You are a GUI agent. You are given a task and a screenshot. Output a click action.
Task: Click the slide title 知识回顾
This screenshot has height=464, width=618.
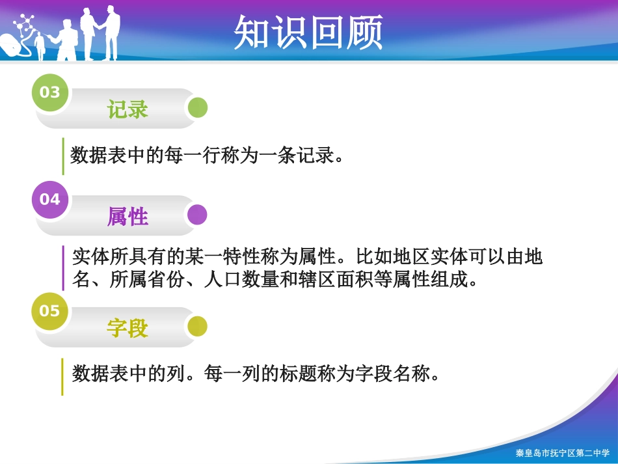[308, 33]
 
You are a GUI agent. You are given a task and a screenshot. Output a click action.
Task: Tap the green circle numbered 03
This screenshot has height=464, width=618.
[50, 92]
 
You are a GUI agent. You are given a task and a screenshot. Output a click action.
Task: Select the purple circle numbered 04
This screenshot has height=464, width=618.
[50, 199]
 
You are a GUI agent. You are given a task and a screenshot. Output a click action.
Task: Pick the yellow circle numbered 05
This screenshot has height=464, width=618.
[50, 311]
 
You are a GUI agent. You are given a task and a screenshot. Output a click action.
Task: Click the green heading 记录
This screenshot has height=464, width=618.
[128, 109]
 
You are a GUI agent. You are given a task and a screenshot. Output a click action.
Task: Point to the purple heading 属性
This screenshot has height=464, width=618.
[128, 216]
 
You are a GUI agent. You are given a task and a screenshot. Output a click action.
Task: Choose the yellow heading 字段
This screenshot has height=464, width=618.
[128, 328]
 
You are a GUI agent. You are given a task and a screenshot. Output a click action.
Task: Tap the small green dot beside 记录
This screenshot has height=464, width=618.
[197, 108]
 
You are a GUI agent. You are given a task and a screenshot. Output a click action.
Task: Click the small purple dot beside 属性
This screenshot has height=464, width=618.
[197, 215]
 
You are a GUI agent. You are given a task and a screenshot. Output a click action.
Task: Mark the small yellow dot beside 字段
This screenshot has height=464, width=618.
[197, 327]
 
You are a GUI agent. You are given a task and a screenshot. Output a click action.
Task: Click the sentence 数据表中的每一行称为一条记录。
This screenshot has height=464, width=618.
[207, 156]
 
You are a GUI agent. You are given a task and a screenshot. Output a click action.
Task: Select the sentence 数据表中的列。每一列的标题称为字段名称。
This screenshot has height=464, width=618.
[256, 374]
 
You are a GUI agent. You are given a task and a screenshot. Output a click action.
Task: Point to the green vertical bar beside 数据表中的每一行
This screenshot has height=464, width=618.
[63, 156]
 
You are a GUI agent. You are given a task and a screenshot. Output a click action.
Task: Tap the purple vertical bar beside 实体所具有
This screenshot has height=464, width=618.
[63, 267]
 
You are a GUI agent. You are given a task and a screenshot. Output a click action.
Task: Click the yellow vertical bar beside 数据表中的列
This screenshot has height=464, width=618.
[63, 376]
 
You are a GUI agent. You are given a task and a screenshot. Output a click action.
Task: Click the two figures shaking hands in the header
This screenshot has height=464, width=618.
[101, 33]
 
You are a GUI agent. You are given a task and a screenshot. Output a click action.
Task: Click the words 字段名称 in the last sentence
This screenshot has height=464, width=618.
[401, 374]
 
